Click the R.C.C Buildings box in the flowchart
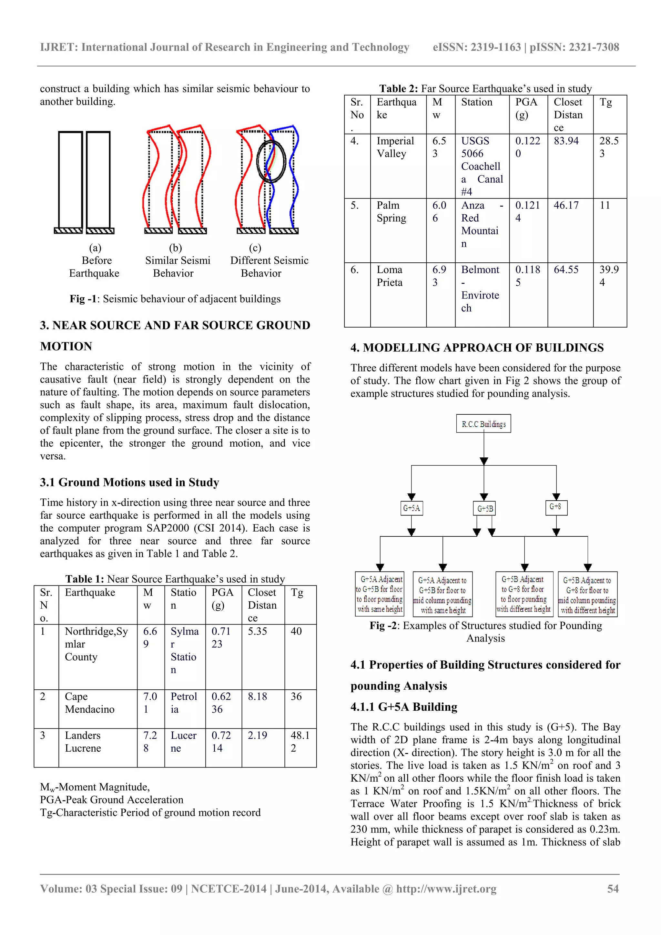(483, 423)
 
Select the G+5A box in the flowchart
(411, 508)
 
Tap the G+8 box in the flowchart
(555, 507)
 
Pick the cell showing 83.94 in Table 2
(566, 141)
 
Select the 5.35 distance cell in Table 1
(257, 631)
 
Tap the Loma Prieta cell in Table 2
(390, 276)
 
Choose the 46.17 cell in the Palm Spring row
(566, 205)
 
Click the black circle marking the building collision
(271, 161)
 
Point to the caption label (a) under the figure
(95, 248)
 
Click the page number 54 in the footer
(613, 889)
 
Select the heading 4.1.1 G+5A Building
(404, 706)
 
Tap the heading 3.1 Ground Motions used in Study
(129, 482)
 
